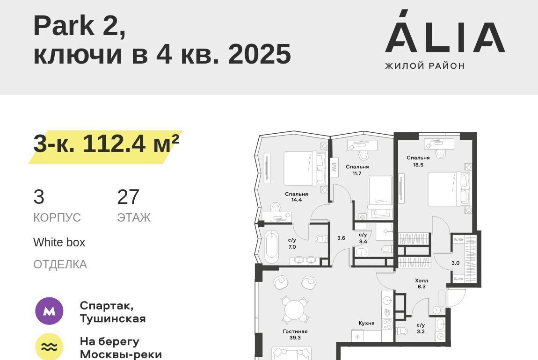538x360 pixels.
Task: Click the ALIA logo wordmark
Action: tap(445, 31)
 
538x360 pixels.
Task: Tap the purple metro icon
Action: tap(49, 311)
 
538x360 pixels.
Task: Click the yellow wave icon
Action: tap(49, 346)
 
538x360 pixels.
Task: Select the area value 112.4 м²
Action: tap(131, 143)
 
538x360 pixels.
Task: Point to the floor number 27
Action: tap(128, 197)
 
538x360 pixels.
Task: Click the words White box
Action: tap(59, 242)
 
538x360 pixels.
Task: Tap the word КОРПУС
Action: tap(57, 218)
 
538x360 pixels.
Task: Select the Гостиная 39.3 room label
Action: tap(295, 334)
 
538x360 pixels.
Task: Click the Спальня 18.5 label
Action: tap(418, 161)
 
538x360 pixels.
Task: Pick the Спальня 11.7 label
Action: tap(357, 170)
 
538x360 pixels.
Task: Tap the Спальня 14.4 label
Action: tap(297, 197)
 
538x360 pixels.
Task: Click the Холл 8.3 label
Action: tap(422, 283)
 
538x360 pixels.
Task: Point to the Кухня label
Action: tap(366, 323)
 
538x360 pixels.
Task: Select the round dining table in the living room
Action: tap(295, 310)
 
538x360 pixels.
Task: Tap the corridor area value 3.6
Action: tap(341, 238)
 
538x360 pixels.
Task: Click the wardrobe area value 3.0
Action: tap(455, 263)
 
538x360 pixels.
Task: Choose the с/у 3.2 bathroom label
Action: tap(421, 328)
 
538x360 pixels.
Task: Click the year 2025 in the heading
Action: tap(259, 54)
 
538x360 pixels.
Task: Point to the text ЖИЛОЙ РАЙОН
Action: tap(425, 65)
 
